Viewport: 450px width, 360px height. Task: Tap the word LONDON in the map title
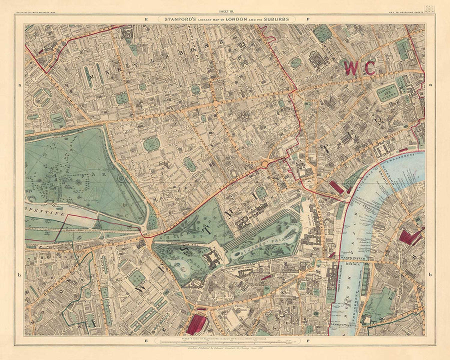tap(229, 19)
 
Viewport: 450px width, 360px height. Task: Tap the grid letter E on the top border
tap(146, 19)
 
